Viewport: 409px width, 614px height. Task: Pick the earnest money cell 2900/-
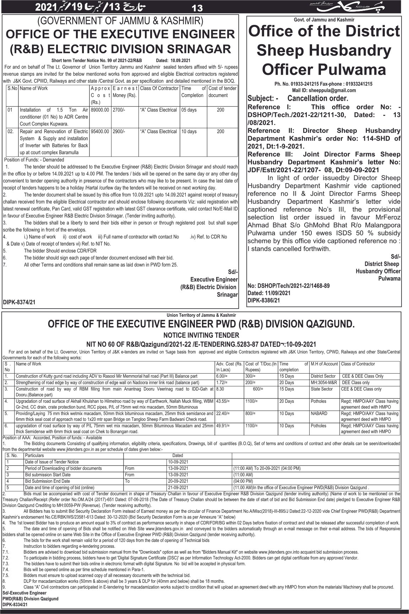click(118, 131)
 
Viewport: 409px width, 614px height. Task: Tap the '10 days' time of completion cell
click(189, 131)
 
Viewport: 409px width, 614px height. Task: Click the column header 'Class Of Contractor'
click(159, 88)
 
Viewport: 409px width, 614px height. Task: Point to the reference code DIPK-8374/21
click(19, 302)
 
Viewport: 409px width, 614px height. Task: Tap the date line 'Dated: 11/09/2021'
click(269, 293)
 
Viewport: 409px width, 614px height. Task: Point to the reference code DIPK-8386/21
click(264, 300)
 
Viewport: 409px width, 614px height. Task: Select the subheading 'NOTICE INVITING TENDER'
click(201, 335)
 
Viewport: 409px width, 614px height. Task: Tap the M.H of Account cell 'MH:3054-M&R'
click(323, 382)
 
